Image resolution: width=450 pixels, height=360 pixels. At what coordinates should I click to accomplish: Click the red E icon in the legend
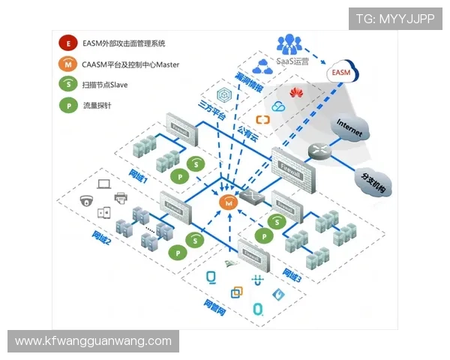coord(68,44)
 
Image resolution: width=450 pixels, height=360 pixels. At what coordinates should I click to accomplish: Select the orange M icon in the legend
coord(68,64)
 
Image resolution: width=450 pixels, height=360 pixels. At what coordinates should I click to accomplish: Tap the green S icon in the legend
coord(68,85)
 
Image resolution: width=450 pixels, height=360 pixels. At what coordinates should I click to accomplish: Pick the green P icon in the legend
coord(68,105)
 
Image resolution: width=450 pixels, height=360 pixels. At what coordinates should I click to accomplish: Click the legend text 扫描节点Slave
coord(105,85)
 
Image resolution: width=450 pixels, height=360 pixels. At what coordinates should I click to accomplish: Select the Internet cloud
coord(349,127)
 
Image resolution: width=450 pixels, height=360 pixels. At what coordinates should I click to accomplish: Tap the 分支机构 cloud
coord(371,181)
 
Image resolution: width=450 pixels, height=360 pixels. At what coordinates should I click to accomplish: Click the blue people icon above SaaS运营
coord(289,43)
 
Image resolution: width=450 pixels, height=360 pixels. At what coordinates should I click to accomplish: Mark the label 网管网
coord(214,304)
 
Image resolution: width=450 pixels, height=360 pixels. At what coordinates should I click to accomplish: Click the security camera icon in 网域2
coord(86,200)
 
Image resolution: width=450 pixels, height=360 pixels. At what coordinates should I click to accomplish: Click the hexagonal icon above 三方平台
coord(223,96)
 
